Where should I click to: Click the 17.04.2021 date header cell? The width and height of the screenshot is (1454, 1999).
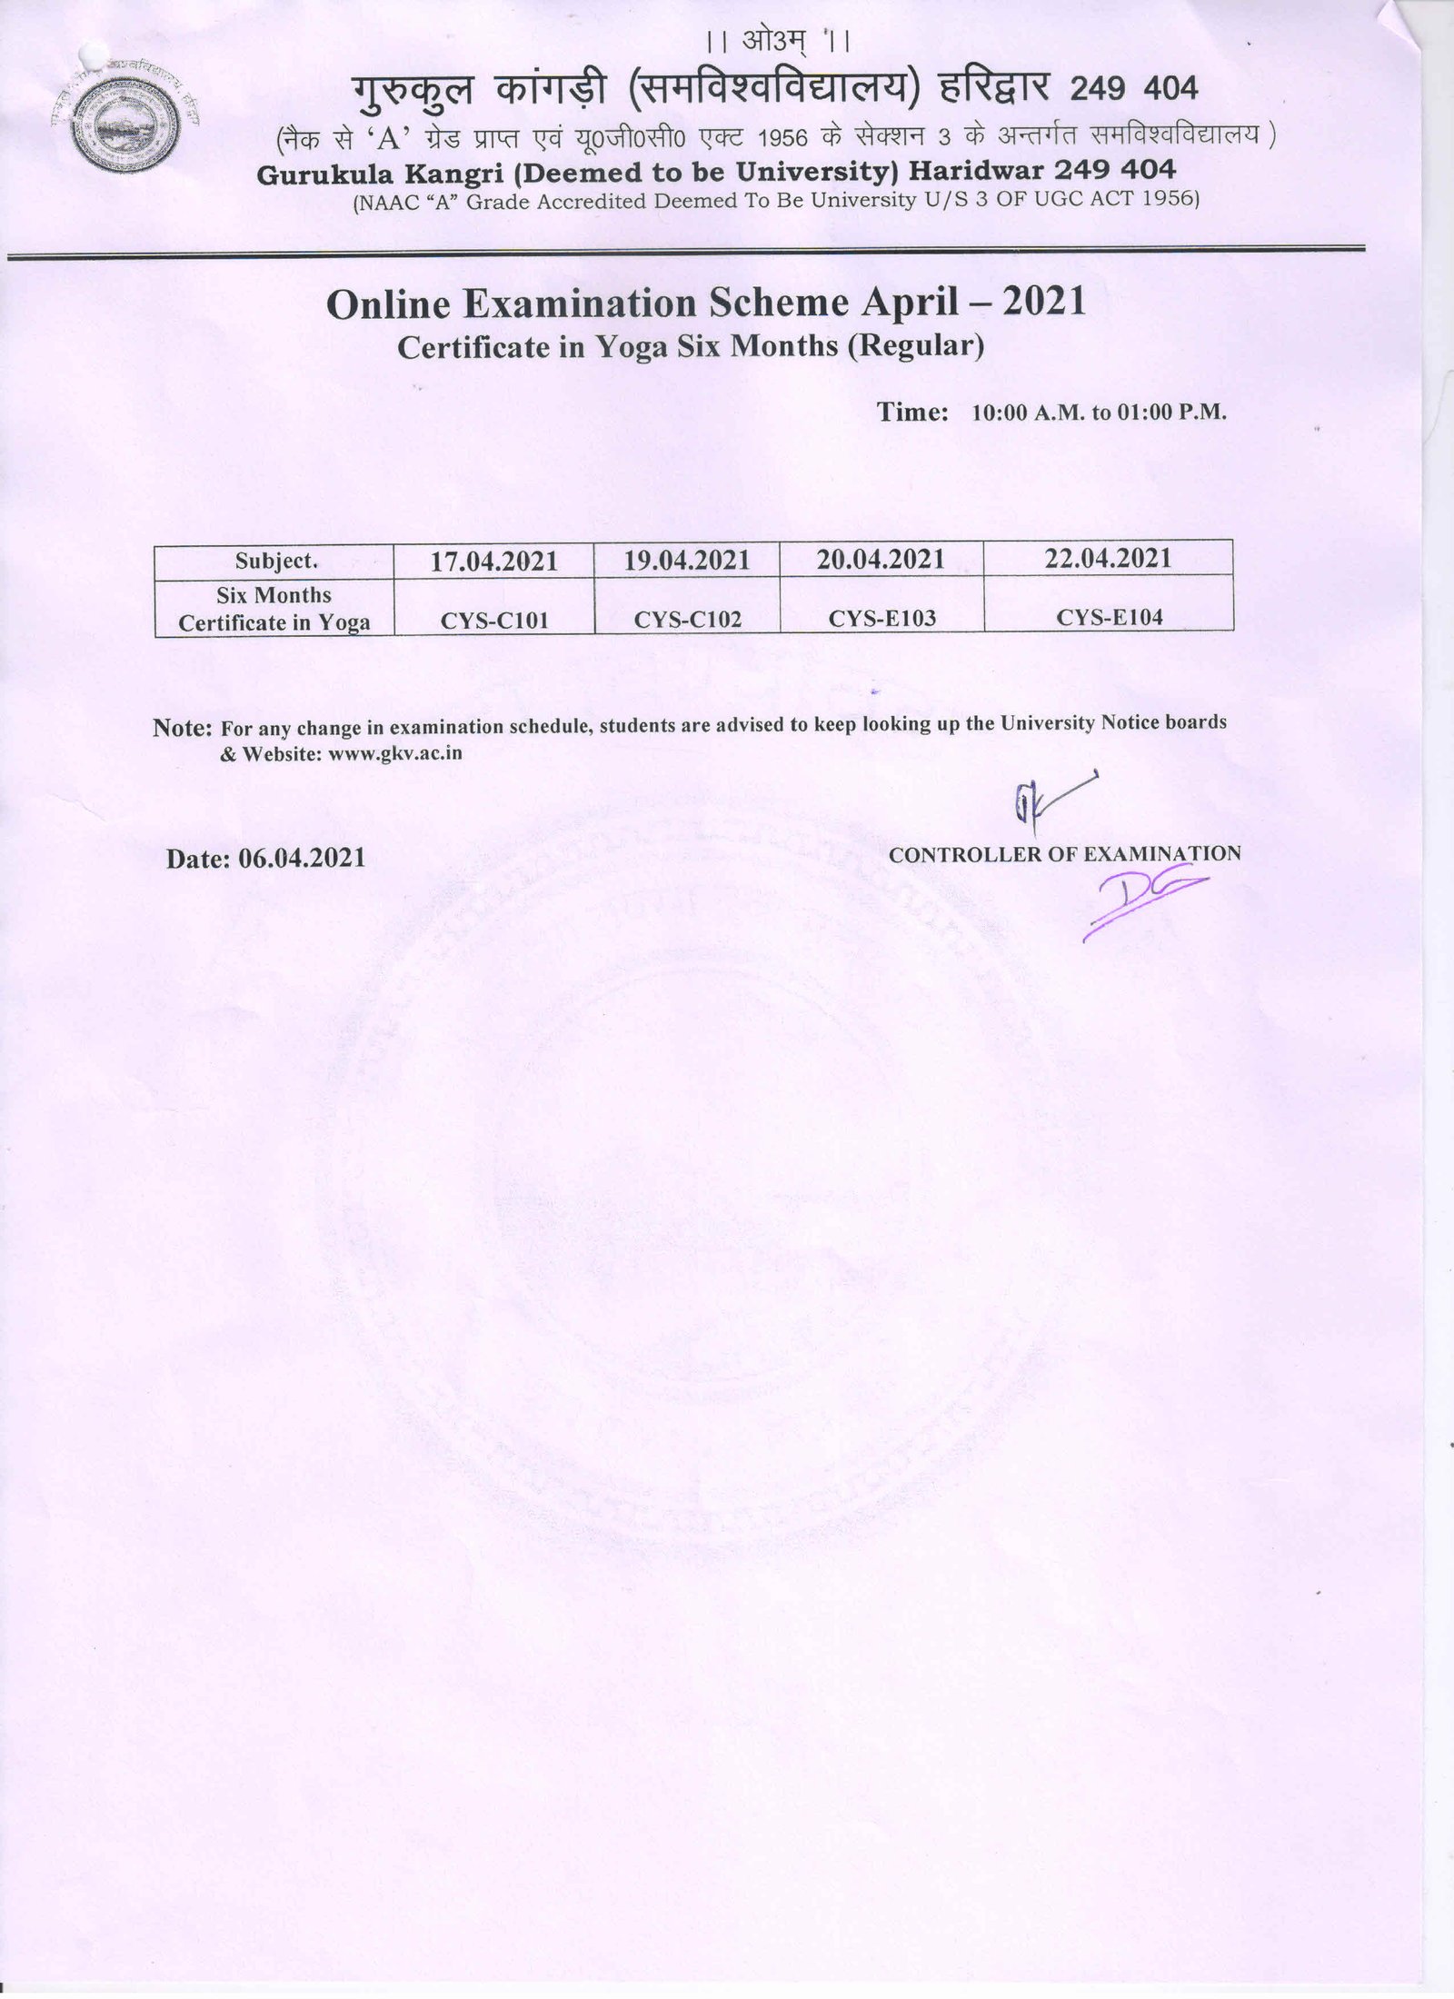pyautogui.click(x=493, y=560)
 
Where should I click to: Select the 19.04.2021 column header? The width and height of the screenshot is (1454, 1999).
pyautogui.click(x=686, y=560)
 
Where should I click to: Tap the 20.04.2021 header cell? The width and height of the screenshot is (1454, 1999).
pyautogui.click(x=881, y=559)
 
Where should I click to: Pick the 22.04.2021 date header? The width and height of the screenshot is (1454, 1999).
pyautogui.click(x=1108, y=558)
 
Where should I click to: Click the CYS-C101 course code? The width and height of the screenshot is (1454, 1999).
pyautogui.click(x=494, y=621)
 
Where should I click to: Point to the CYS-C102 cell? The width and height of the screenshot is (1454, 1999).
pyautogui.click(x=687, y=620)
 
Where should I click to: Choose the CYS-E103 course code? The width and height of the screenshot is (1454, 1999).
pyautogui.click(x=881, y=619)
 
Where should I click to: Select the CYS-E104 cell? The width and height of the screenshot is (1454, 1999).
pyautogui.click(x=1109, y=618)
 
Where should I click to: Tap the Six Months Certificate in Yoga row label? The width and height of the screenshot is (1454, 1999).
pyautogui.click(x=274, y=609)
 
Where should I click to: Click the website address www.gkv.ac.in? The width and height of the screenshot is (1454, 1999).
pyautogui.click(x=395, y=753)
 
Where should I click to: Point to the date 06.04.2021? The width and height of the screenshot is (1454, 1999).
pyautogui.click(x=302, y=859)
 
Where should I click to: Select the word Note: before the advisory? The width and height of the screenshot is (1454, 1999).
pyautogui.click(x=183, y=728)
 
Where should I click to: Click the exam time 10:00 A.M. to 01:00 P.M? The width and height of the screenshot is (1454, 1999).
pyautogui.click(x=1100, y=413)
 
